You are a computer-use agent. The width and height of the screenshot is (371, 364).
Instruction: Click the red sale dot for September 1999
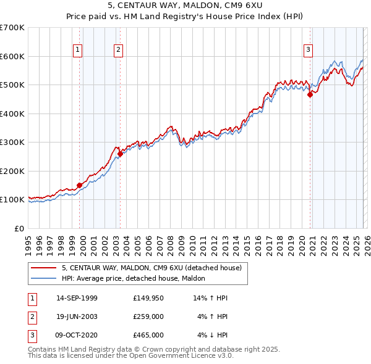[x=80, y=185]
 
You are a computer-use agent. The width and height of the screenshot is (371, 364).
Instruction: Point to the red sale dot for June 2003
[x=120, y=154]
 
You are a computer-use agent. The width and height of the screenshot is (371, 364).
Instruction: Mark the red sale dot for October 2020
[x=310, y=94]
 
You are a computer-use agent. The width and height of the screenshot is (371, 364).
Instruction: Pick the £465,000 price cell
[x=148, y=335]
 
